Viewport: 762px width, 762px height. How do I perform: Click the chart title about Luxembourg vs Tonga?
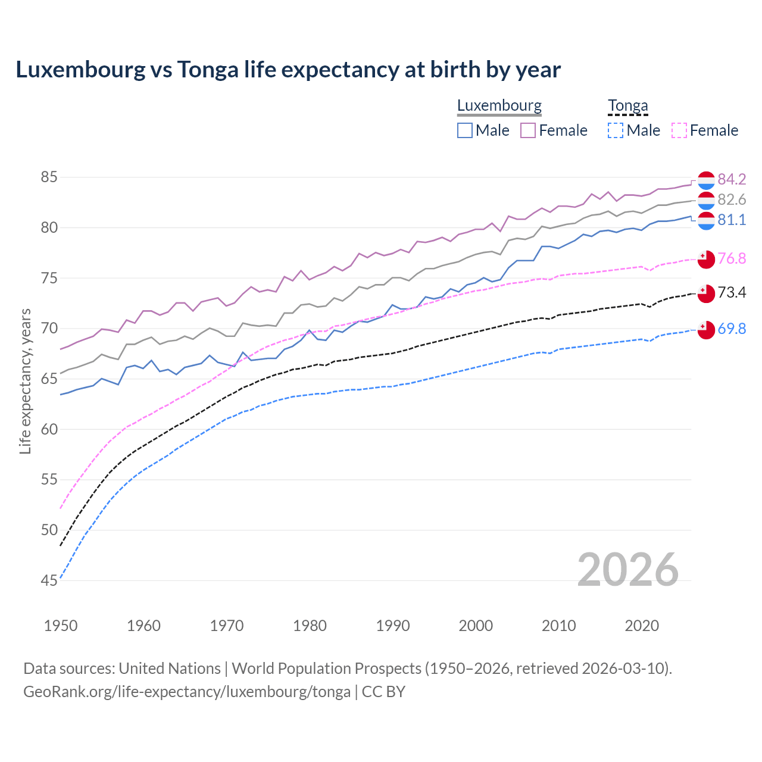point(288,70)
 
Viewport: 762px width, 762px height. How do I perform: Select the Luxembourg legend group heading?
point(499,106)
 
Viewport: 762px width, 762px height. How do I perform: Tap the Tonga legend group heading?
point(627,106)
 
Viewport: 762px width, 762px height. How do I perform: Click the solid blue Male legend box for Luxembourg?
point(465,130)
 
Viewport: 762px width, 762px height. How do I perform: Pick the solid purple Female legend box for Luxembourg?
point(528,130)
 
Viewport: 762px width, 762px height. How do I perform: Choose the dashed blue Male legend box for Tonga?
point(616,130)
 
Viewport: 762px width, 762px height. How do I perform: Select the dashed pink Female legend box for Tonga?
point(679,130)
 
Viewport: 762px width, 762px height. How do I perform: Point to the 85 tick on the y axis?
point(49,177)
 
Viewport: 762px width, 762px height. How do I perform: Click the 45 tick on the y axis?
point(49,580)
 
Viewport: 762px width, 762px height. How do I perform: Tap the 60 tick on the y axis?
point(49,429)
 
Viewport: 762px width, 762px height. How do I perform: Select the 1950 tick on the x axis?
point(61,626)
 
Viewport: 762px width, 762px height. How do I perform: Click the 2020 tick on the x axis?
point(642,626)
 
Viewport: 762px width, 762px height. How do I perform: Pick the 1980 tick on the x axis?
point(310,626)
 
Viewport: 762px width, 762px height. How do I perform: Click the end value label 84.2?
point(732,179)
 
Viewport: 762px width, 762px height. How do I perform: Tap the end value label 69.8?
point(732,329)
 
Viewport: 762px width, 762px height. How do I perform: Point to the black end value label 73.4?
point(732,292)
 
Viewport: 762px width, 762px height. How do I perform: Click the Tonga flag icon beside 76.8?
point(706,259)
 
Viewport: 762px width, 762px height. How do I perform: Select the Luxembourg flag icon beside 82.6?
point(706,200)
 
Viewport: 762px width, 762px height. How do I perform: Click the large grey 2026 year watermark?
point(628,570)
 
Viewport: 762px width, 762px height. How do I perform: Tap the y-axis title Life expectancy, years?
point(25,381)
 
